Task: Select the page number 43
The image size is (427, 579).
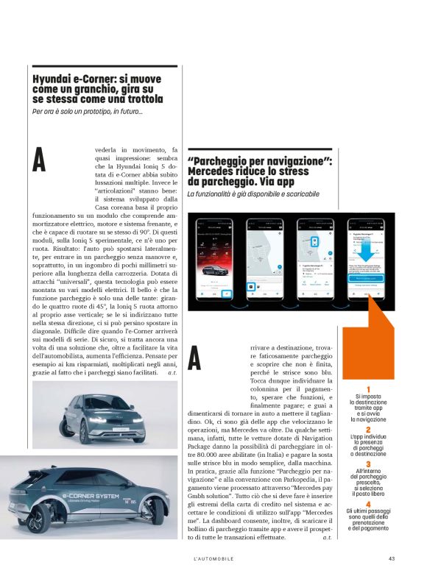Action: [x=392, y=558]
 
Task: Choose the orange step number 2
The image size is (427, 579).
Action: [x=369, y=429]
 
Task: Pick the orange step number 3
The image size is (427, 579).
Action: [x=369, y=465]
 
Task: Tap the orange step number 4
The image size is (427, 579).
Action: [x=369, y=504]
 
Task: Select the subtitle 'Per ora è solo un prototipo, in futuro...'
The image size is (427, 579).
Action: [x=88, y=112]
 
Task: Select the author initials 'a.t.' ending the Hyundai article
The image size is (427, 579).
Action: [x=172, y=373]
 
